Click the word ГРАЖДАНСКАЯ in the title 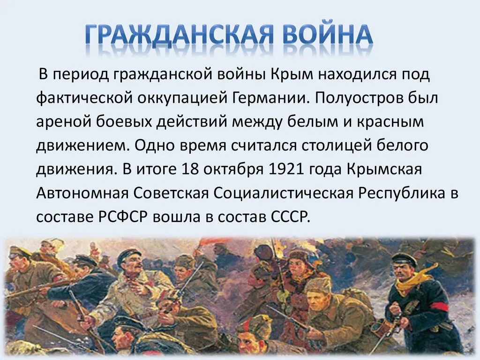[x=179, y=34]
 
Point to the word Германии [x=269, y=98]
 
